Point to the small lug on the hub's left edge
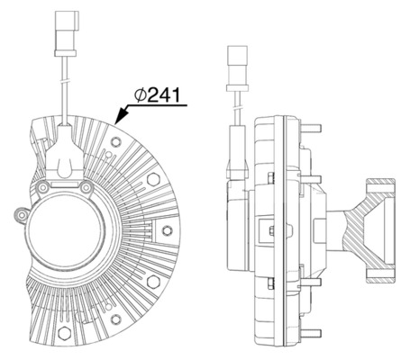(x=21, y=213)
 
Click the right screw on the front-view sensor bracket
(x=86, y=188)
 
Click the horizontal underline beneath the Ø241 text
(x=162, y=106)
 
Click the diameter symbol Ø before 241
(x=141, y=94)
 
